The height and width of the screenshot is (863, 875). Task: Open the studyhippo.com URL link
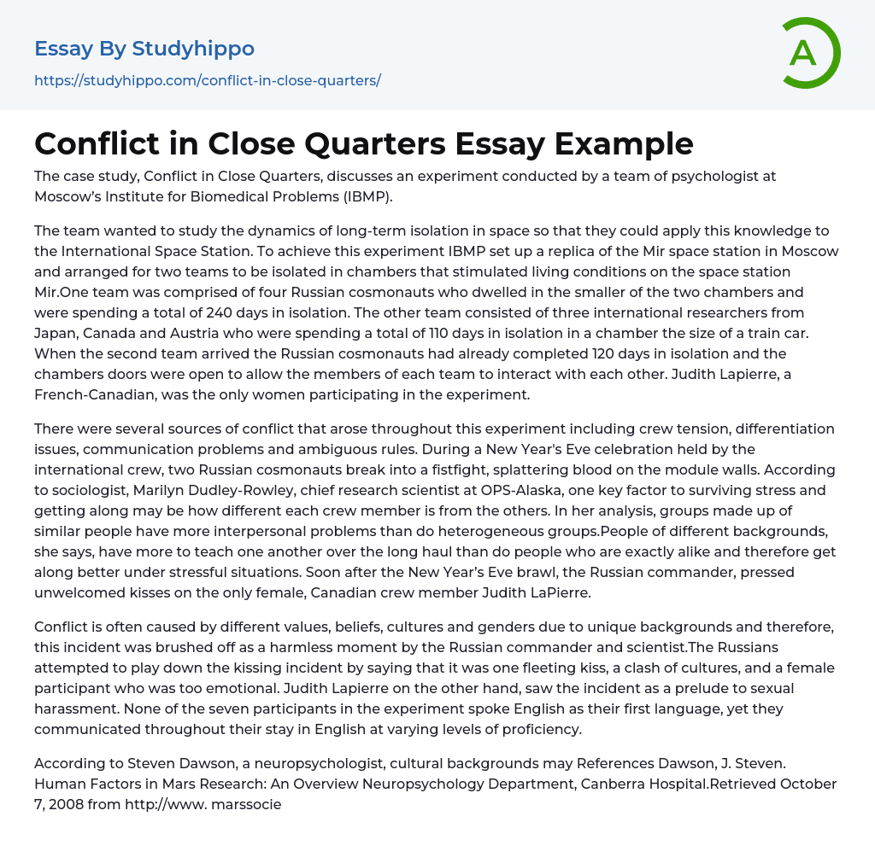coord(208,80)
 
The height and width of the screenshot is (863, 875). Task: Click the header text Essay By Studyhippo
coord(144,49)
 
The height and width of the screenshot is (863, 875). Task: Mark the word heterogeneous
coord(439,531)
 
